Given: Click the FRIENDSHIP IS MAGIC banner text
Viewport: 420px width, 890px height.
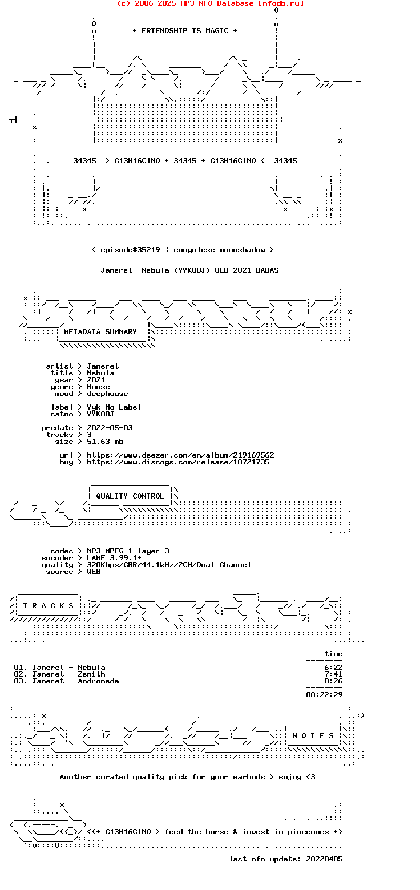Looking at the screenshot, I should click(185, 31).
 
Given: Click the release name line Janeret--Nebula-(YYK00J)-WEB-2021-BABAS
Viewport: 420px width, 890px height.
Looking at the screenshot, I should click(189, 270).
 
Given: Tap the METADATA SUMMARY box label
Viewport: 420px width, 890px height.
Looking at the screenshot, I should click(100, 332).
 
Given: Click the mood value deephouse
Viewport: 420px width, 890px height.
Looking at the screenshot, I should click(107, 394).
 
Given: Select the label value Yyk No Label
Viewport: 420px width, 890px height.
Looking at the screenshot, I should click(114, 407).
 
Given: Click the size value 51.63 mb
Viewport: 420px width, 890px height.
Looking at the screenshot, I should click(105, 442).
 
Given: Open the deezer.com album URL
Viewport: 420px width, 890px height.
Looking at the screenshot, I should click(180, 455).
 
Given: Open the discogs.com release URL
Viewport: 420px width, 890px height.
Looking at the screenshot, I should click(178, 462).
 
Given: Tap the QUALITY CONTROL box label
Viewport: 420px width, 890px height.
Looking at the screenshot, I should click(130, 496).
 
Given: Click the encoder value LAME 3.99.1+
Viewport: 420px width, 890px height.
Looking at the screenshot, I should click(114, 558).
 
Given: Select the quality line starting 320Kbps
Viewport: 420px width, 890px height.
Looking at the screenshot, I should click(169, 565).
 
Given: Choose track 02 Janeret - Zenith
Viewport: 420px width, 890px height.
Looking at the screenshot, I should click(59, 674).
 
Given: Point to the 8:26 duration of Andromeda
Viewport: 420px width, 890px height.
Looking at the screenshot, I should click(333, 681).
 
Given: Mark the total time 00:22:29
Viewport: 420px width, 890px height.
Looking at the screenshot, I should click(324, 695).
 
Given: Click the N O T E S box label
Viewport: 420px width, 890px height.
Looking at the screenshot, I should click(313, 736).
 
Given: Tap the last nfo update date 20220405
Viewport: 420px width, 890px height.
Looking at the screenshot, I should click(324, 859).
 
